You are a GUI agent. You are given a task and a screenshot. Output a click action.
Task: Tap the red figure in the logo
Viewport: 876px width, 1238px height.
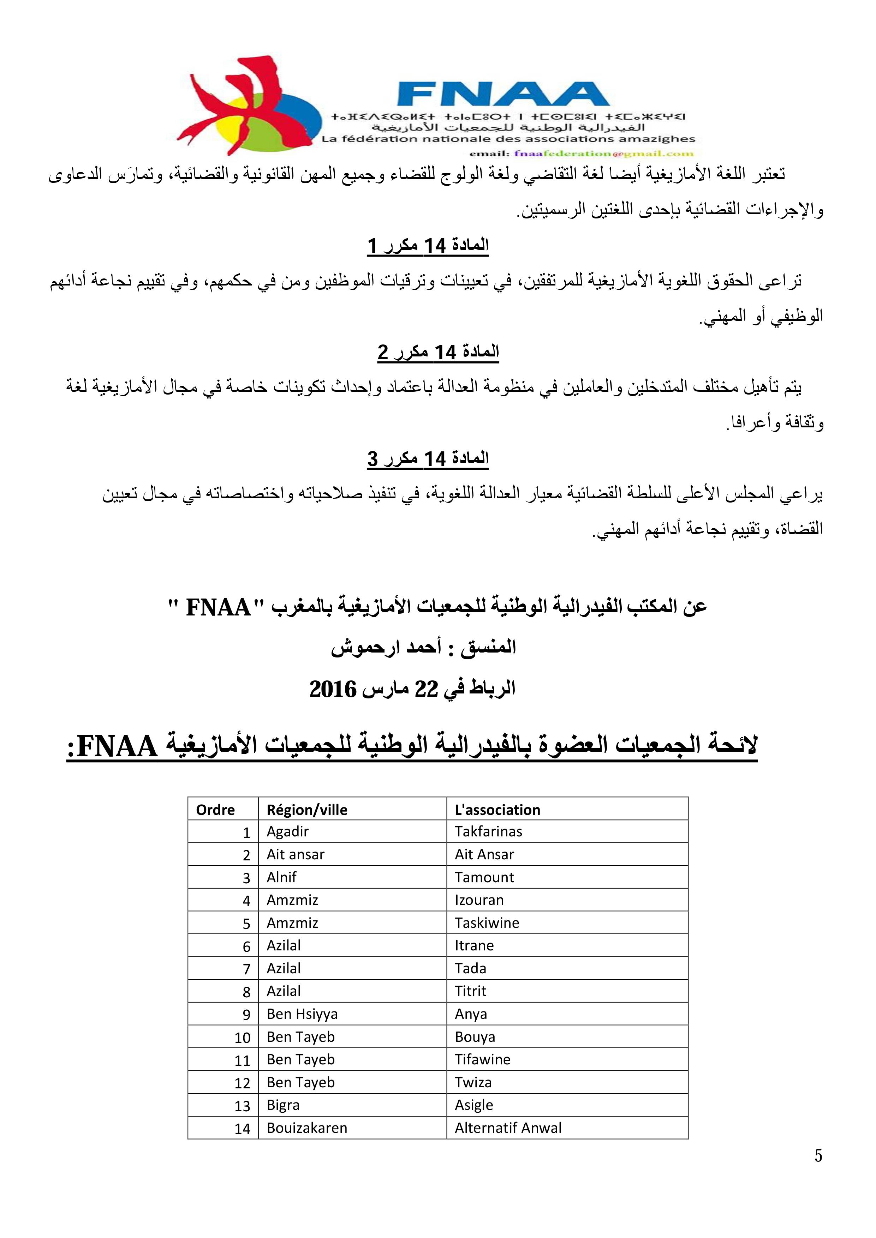point(232,102)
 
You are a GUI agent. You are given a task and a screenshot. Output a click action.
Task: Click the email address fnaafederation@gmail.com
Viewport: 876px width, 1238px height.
point(604,153)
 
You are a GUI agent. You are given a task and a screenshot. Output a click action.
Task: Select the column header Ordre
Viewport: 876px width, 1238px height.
point(215,810)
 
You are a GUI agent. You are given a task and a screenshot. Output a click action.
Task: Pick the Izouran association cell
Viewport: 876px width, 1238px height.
point(479,900)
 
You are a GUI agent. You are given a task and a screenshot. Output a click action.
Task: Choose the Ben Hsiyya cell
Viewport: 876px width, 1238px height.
point(302,1014)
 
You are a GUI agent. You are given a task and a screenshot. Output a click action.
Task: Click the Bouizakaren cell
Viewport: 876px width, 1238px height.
point(307,1128)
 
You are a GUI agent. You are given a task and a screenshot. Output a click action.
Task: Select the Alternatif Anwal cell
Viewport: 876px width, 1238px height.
point(508,1128)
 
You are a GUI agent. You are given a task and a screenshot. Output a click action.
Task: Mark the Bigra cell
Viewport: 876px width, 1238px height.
point(283,1105)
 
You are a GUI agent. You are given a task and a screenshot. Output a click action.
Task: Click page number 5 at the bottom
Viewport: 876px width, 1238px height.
point(818,1155)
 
